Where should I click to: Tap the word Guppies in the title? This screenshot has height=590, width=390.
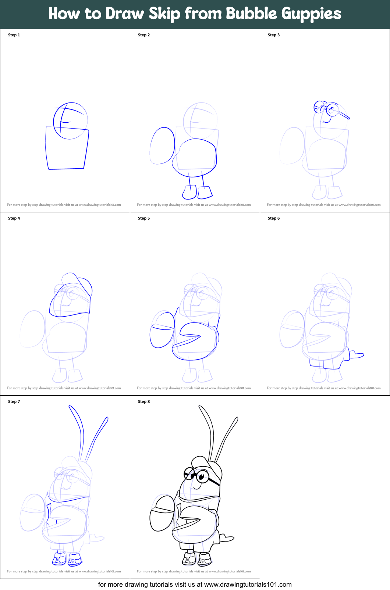(311, 14)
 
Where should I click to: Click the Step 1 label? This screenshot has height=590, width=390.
(14, 35)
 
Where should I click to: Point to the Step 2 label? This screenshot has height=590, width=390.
(144, 35)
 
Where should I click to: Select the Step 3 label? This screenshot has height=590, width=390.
(274, 35)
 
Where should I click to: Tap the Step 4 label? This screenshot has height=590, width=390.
(14, 218)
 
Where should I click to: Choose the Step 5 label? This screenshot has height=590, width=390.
(144, 218)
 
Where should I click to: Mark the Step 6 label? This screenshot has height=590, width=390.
(274, 218)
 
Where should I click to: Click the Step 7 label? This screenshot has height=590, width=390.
(14, 402)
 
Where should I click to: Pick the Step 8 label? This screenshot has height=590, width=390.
(144, 402)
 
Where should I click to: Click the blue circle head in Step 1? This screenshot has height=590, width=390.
(71, 120)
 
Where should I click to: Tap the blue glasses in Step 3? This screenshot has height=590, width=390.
(329, 109)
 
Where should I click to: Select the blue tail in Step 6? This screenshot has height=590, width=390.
(356, 355)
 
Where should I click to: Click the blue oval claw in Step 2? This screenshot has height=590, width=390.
(162, 146)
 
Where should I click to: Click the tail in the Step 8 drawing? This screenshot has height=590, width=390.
(227, 539)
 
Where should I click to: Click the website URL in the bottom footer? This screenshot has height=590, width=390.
(248, 584)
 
